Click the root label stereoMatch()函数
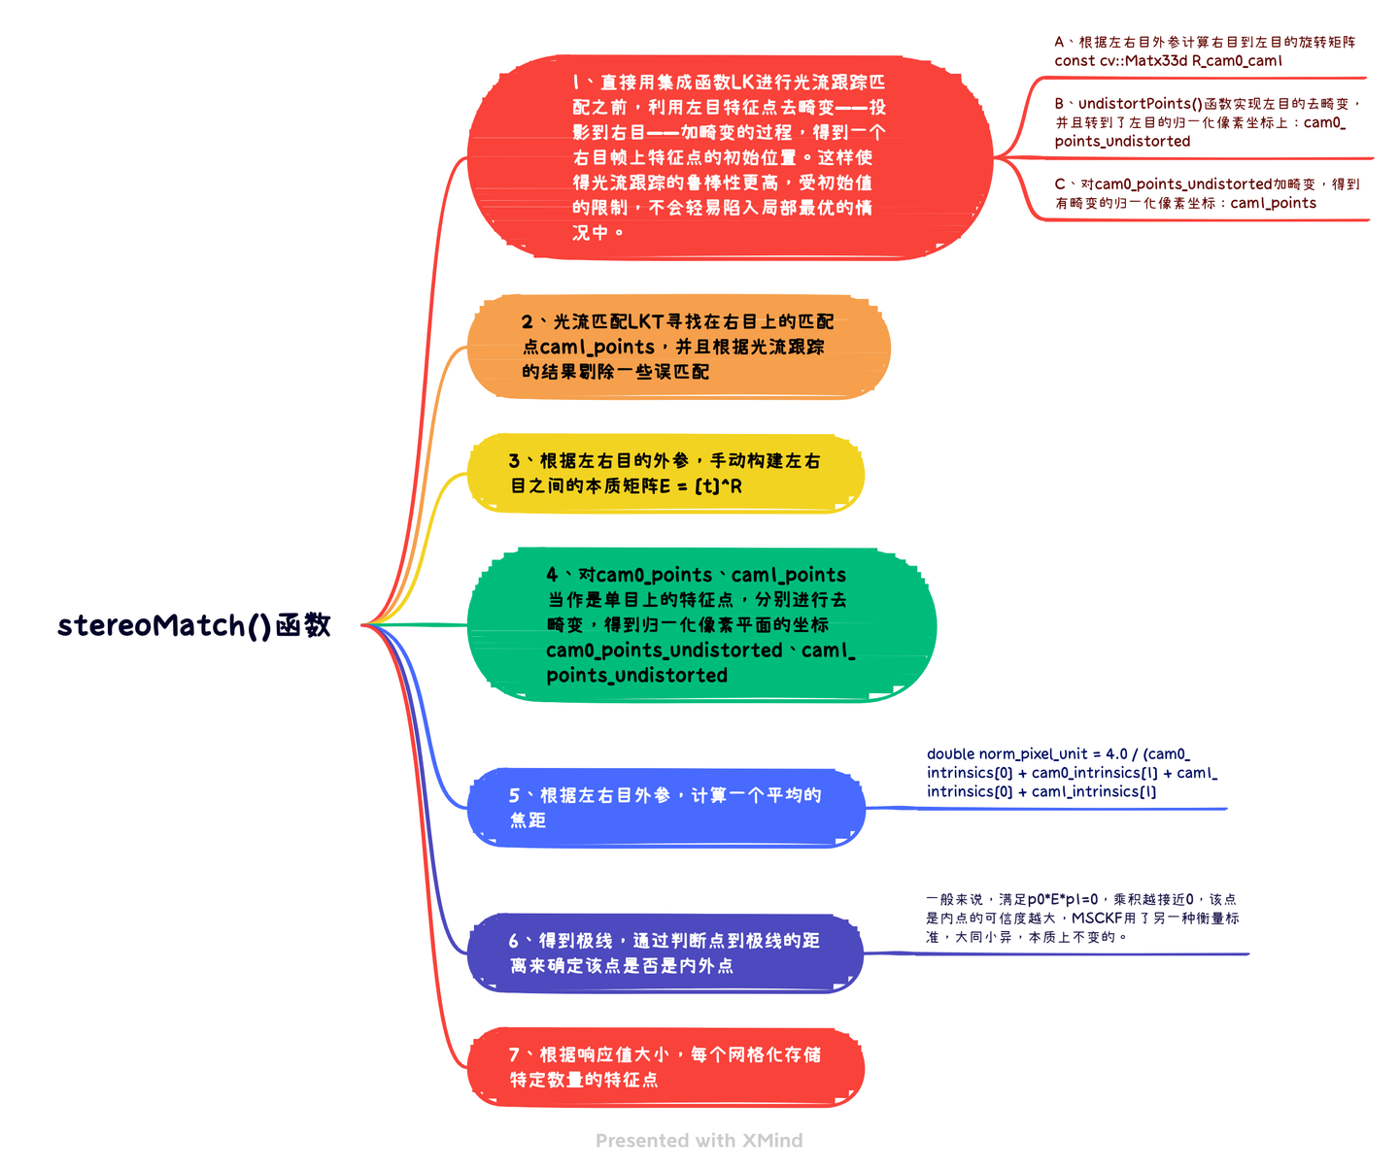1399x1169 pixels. pyautogui.click(x=193, y=625)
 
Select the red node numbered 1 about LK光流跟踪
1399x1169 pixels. pyautogui.click(x=729, y=157)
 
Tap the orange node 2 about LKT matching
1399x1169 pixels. pyautogui.click(x=678, y=347)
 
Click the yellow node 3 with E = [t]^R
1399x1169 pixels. pyautogui.click(x=665, y=473)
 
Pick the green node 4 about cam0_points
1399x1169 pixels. pyautogui.click(x=700, y=624)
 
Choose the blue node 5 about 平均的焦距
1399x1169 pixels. pyautogui.click(x=665, y=807)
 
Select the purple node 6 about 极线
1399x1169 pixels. pyautogui.click(x=665, y=952)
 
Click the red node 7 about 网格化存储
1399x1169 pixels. pyautogui.click(x=665, y=1066)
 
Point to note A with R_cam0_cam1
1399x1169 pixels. pyautogui.click(x=1205, y=51)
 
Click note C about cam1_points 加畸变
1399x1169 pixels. pyautogui.click(x=1206, y=193)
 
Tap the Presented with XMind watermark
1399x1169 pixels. pyautogui.click(x=699, y=1141)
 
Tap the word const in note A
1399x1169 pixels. pyautogui.click(x=1075, y=61)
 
